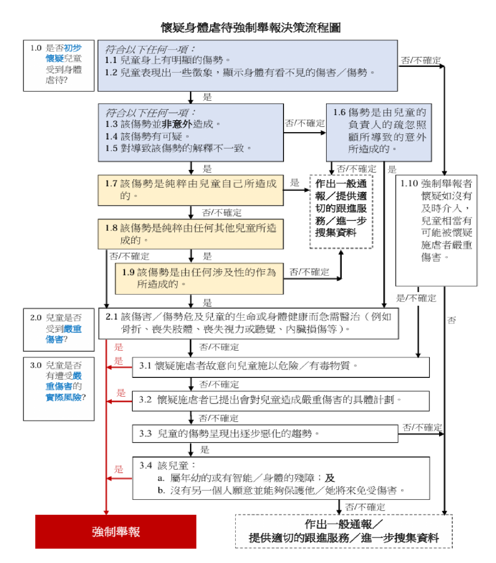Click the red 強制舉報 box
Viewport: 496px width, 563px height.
click(116, 531)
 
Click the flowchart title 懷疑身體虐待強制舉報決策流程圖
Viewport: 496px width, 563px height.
click(251, 28)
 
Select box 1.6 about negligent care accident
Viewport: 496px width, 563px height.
click(379, 132)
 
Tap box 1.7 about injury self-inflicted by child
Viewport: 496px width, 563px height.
click(191, 190)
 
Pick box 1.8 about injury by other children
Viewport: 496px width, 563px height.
click(191, 234)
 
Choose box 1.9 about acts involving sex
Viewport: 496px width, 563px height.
click(199, 278)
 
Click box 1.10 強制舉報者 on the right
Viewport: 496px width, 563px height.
click(436, 230)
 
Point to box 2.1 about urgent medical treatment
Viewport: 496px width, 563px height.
click(248, 323)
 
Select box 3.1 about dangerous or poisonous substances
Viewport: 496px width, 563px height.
click(280, 367)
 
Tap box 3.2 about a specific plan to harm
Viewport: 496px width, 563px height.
click(280, 401)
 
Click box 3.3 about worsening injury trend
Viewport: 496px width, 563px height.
click(265, 433)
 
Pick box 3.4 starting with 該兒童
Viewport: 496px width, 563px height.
click(281, 478)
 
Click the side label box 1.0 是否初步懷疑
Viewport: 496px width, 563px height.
click(59, 65)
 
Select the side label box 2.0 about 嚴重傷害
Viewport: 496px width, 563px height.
click(59, 329)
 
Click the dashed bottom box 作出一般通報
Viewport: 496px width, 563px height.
click(344, 531)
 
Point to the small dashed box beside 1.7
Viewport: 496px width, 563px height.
click(341, 211)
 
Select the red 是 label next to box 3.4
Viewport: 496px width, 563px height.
click(119, 469)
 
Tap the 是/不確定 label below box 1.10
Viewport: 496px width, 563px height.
click(416, 298)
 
